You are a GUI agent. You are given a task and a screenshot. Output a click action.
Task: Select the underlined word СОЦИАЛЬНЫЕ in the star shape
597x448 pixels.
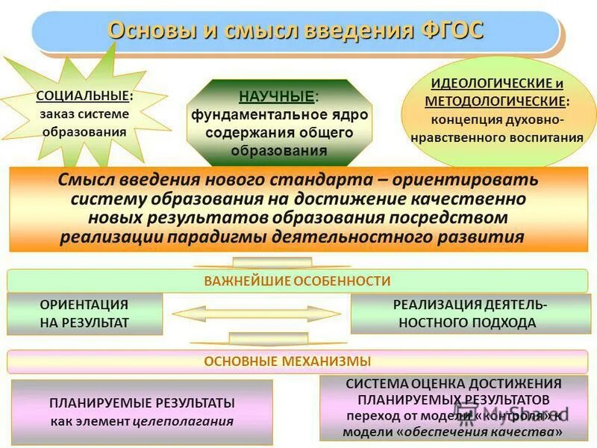point(82,96)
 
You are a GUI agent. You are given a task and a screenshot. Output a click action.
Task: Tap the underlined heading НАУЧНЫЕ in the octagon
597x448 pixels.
point(276,96)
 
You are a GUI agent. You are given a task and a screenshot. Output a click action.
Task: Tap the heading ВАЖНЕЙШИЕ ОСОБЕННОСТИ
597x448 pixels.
point(297,281)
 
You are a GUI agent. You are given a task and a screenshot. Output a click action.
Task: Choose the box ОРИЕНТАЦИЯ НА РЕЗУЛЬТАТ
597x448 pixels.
point(84,314)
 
